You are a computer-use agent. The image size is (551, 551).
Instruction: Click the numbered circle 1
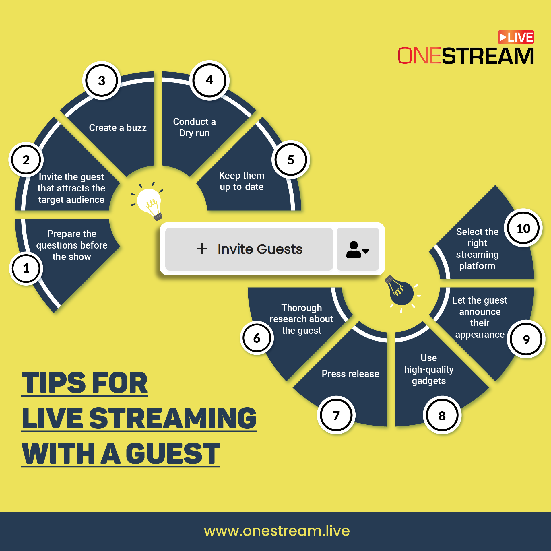[26, 268]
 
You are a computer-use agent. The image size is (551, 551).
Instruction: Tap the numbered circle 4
[209, 80]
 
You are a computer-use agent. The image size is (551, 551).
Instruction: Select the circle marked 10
[523, 228]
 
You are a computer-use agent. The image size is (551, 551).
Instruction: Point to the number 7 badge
[336, 415]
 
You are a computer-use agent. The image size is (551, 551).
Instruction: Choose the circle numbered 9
[526, 339]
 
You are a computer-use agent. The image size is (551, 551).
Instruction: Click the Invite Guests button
[249, 249]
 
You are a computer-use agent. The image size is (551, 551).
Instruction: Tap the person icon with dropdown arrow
[358, 249]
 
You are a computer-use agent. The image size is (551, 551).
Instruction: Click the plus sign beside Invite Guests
[202, 249]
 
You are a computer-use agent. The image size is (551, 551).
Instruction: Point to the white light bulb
[148, 201]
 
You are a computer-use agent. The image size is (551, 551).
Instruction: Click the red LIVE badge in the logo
[516, 37]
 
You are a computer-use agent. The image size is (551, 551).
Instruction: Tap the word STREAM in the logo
[488, 56]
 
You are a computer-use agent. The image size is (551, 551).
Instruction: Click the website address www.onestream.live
[277, 531]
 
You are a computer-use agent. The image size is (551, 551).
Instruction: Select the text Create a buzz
[118, 127]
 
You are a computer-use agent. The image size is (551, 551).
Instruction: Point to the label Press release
[350, 374]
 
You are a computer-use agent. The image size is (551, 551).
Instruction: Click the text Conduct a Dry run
[194, 127]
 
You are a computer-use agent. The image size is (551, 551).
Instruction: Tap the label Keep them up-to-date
[242, 181]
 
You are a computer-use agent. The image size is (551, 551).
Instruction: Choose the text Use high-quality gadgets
[429, 369]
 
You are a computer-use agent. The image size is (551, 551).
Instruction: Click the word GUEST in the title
[173, 453]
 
